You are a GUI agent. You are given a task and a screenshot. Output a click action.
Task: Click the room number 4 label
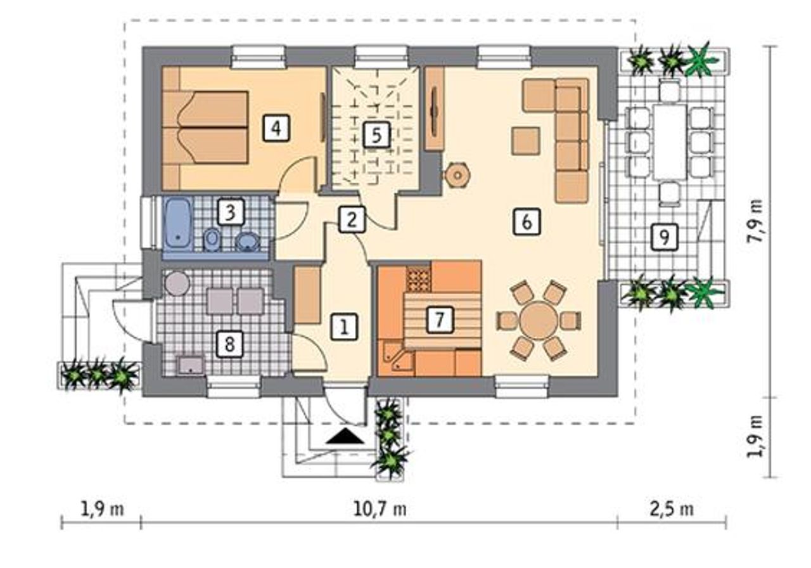[x=276, y=127]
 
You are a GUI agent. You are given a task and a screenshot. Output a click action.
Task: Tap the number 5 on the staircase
[x=376, y=135]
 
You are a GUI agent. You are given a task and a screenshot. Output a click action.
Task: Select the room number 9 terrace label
[x=665, y=237]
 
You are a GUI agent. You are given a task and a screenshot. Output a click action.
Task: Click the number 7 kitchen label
[x=440, y=319]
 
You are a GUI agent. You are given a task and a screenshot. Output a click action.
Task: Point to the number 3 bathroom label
[x=231, y=212]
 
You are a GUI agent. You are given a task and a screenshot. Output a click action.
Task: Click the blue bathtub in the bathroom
[x=178, y=224]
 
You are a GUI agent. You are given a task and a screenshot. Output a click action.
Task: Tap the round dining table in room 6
[x=539, y=321]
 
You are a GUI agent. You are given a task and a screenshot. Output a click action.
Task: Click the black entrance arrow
[x=345, y=436]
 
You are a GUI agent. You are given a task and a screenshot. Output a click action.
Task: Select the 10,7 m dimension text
[x=380, y=510]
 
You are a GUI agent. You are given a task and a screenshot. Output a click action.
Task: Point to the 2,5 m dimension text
[x=672, y=510]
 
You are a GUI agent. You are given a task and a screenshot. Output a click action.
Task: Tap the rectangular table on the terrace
[x=670, y=141]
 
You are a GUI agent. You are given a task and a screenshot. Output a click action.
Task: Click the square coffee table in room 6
[x=526, y=141]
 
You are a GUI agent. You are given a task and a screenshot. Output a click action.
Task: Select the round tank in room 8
[x=177, y=283]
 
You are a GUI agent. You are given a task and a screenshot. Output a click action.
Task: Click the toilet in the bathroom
[x=212, y=240]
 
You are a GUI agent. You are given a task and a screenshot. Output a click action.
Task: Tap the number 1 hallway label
[x=344, y=326]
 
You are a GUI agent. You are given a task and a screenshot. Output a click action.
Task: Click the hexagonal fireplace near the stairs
[x=457, y=176]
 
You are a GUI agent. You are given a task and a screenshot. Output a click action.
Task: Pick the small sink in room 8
[x=191, y=365]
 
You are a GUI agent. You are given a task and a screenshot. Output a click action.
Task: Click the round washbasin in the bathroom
[x=248, y=242]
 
